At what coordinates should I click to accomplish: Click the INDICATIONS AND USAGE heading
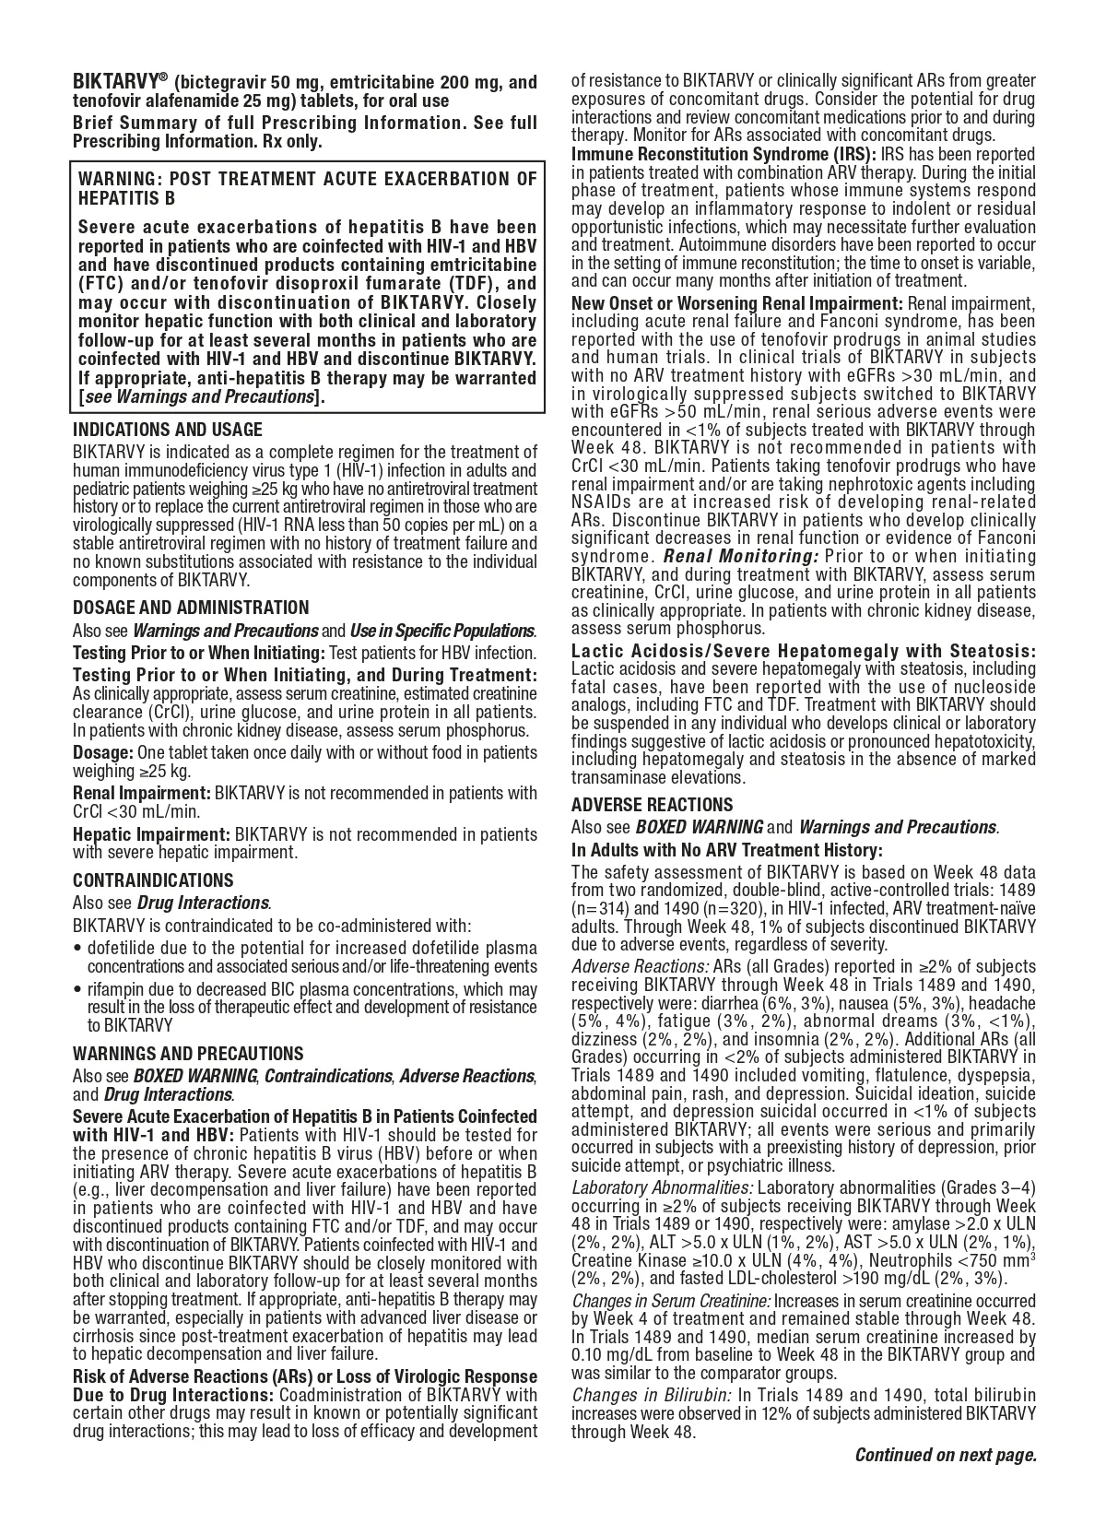point(167,430)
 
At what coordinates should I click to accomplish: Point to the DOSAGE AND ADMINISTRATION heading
point(191,608)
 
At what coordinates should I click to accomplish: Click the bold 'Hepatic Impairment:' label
point(151,834)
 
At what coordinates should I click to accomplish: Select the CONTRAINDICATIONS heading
point(153,880)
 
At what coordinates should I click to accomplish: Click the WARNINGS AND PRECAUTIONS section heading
point(188,1054)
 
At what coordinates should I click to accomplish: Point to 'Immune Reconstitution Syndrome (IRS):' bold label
point(724,154)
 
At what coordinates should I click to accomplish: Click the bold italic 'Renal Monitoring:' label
point(741,556)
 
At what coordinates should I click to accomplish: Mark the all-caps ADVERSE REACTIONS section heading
point(653,805)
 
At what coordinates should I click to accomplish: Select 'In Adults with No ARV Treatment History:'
point(727,850)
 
